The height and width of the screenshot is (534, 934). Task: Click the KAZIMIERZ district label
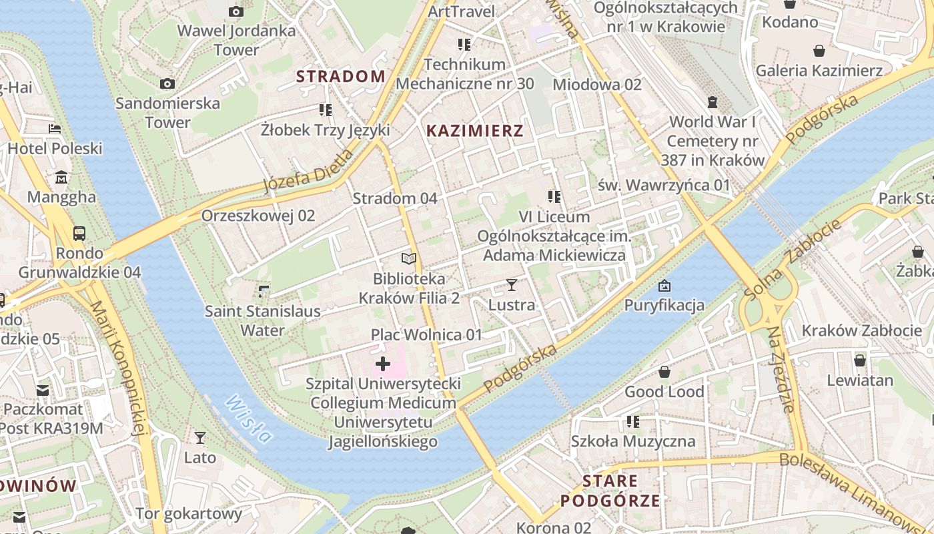tap(474, 131)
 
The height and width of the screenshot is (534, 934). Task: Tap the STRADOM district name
tap(340, 76)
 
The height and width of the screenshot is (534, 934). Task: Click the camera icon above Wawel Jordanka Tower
tap(236, 11)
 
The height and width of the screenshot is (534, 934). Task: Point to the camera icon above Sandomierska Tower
tap(167, 83)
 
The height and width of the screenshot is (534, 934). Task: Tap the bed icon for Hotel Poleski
tap(55, 128)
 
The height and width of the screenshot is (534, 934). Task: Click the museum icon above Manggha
tap(61, 178)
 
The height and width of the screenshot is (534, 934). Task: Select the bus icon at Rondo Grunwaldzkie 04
tap(79, 234)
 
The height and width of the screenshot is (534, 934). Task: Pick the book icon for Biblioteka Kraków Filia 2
tap(409, 258)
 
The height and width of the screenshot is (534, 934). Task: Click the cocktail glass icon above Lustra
tap(512, 285)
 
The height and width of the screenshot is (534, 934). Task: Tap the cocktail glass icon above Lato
tap(199, 438)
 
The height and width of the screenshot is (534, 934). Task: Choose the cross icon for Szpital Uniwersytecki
tap(383, 364)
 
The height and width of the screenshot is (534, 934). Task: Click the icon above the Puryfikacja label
tap(664, 286)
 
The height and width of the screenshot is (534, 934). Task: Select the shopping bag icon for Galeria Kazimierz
tap(819, 51)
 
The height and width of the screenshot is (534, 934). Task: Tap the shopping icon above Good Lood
tap(664, 372)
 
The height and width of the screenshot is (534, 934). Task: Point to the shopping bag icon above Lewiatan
tap(860, 360)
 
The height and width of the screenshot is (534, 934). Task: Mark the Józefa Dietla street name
tap(308, 172)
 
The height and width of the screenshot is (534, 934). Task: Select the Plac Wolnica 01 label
tap(426, 334)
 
